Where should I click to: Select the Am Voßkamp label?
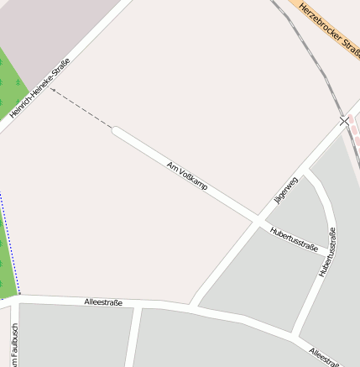tap(187, 174)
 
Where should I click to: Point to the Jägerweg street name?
tap(285, 191)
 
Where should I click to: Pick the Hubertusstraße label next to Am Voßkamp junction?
tap(294, 239)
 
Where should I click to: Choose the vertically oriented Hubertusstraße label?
tap(326, 253)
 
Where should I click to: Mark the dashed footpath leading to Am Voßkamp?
tap(81, 108)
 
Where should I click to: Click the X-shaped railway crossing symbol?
tap(344, 122)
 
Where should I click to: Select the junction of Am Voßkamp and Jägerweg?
tap(257, 221)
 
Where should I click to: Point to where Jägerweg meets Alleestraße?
tap(194, 304)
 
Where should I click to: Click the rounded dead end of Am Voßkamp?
tap(115, 129)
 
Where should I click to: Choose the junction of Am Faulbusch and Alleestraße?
tap(15, 299)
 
